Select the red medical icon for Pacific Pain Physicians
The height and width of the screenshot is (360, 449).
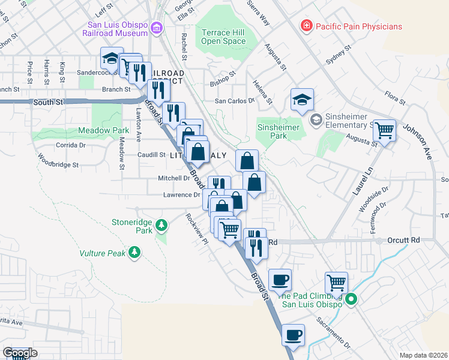coord(306,26)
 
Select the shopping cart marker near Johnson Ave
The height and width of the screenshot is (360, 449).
coord(384,128)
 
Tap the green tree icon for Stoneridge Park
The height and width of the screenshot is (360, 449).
coord(161,226)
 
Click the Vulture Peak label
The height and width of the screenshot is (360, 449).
coord(103,253)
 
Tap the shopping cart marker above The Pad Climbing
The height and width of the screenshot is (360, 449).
coord(336,282)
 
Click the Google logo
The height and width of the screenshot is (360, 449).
coord(20,353)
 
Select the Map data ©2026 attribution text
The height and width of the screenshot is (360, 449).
coord(423,355)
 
